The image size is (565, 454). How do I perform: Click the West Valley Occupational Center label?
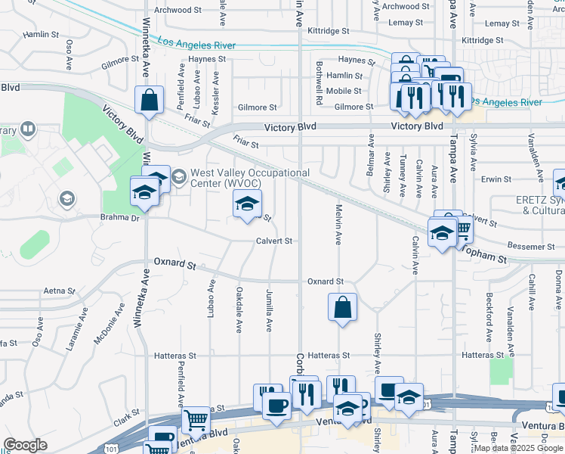pos(249,178)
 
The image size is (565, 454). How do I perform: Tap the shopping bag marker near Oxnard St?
pos(342,307)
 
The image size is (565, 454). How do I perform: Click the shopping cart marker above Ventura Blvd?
pos(196,418)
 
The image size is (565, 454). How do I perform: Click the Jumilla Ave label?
pos(269,309)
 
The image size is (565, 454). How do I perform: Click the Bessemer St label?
pos(531,247)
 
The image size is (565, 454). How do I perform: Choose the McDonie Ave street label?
pos(108,324)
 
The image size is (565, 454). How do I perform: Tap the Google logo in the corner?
pos(25,445)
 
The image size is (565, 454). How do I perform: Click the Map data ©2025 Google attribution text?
pos(517,449)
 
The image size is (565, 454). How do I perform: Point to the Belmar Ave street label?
pos(371,156)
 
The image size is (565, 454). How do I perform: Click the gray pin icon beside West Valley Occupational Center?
pos(179,179)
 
